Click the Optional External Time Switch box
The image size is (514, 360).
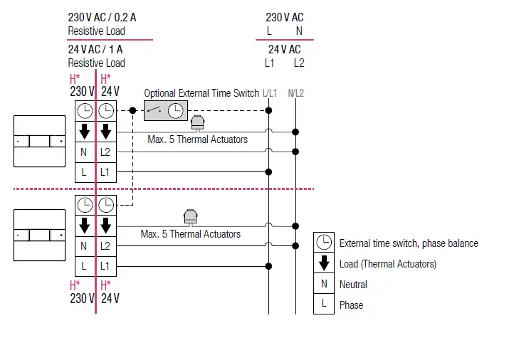tap(165, 110)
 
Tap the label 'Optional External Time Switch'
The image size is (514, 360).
tap(201, 93)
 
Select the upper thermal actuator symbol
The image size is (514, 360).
tap(198, 123)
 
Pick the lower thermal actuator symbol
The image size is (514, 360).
tap(191, 216)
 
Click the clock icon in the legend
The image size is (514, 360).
tap(324, 243)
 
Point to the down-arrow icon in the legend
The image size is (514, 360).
tap(324, 263)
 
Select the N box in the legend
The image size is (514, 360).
tap(324, 284)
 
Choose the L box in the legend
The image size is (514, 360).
tap(324, 305)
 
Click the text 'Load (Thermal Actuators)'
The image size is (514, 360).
tap(388, 264)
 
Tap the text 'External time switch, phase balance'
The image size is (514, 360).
tap(409, 243)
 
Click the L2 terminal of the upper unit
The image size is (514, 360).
tap(105, 152)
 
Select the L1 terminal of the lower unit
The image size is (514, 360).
tap(105, 266)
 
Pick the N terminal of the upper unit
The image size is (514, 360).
tap(84, 152)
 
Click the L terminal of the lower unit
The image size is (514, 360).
tap(84, 266)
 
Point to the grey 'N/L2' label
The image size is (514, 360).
tap(295, 93)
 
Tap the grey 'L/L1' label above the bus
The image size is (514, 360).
tap(270, 93)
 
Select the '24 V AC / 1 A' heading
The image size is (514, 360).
tap(96, 49)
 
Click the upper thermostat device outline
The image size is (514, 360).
tap(39, 141)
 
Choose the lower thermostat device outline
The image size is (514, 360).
tap(39, 235)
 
